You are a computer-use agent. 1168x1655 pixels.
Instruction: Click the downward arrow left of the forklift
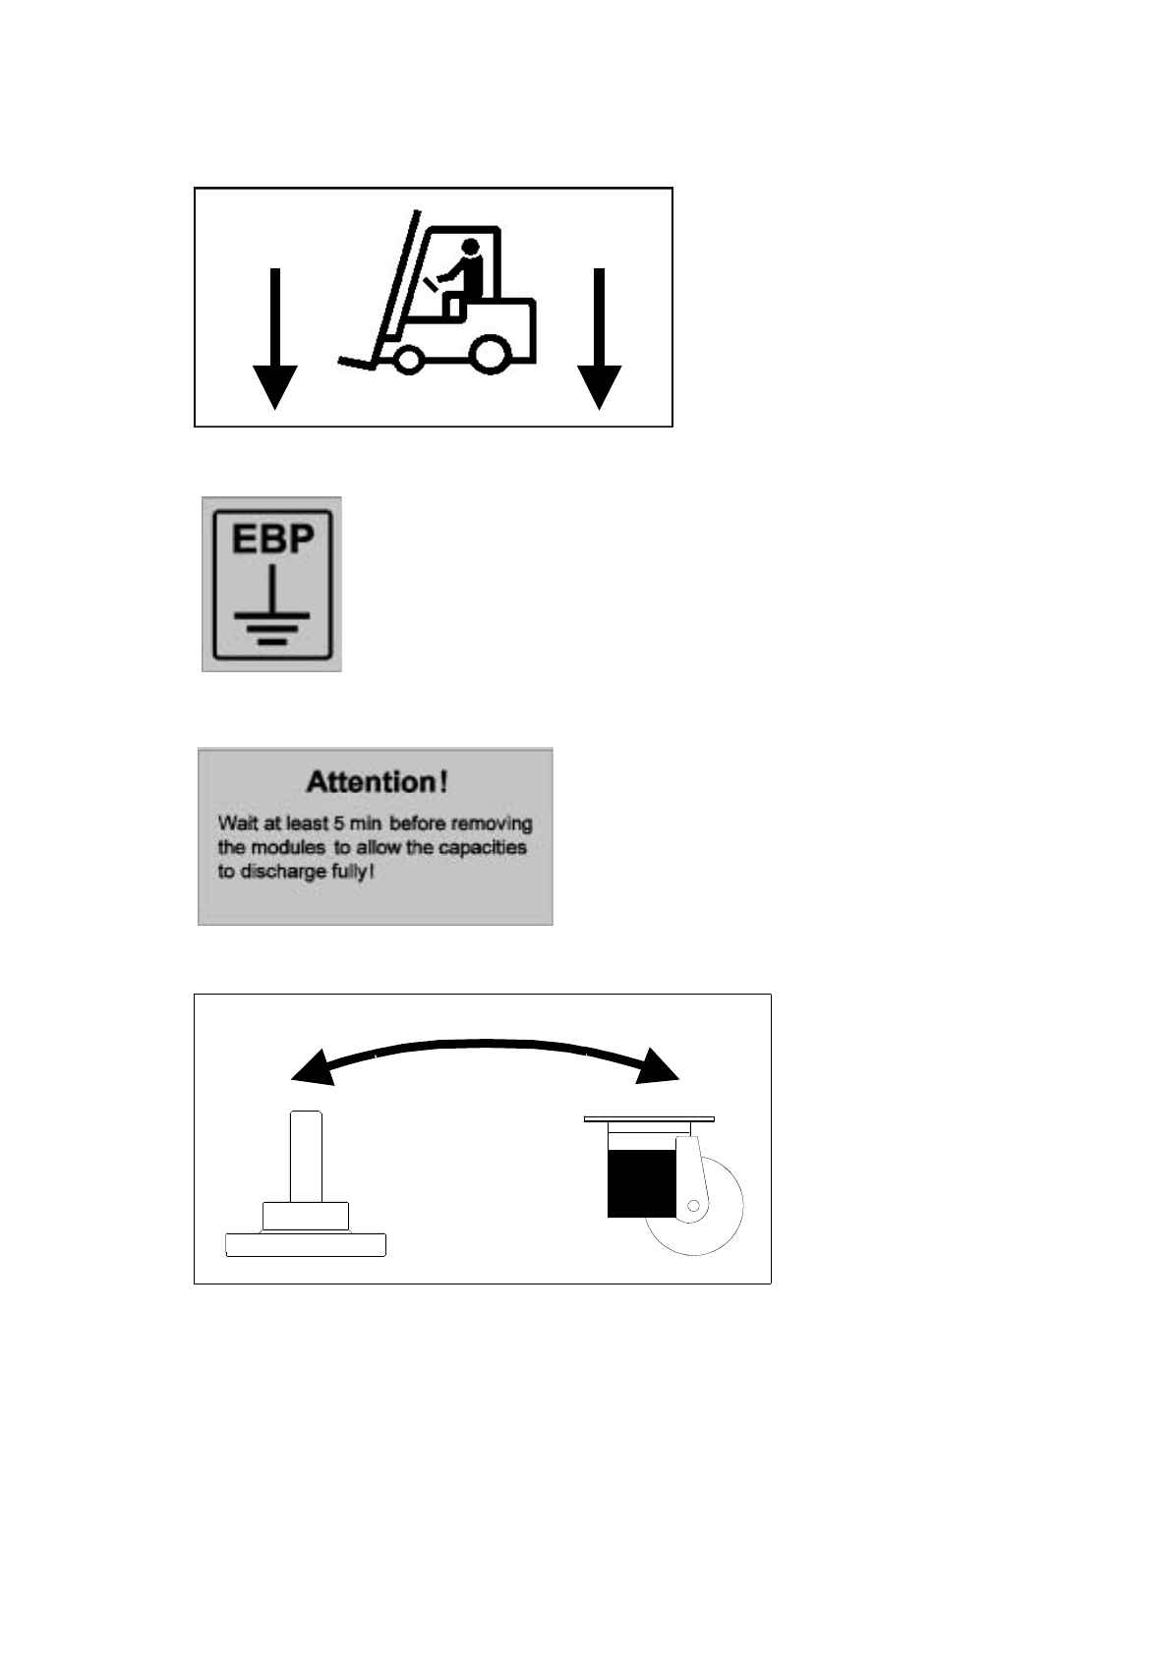[275, 338]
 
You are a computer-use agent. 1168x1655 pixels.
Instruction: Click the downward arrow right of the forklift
[599, 338]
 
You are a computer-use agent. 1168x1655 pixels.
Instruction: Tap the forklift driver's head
[469, 248]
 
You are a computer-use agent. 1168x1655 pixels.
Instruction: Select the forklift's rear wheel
[491, 353]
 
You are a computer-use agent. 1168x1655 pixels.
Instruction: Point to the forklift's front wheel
[407, 359]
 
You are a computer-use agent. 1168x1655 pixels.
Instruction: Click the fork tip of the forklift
[341, 361]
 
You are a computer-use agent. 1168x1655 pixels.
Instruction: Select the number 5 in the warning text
[338, 823]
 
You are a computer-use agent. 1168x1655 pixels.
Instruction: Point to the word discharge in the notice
[283, 873]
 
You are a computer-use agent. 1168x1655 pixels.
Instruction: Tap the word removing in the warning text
[492, 825]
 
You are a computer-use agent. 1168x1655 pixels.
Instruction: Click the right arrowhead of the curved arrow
[657, 1066]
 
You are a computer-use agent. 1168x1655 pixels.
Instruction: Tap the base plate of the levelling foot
[306, 1244]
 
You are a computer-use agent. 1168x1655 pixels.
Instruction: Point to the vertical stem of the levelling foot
[306, 1157]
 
